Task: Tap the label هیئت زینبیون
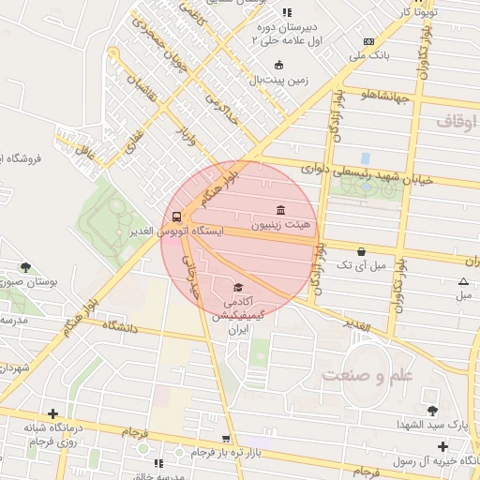[279, 226]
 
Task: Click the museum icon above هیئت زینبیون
[279, 209]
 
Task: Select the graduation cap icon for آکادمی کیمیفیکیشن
[238, 287]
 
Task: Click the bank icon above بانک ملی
[368, 41]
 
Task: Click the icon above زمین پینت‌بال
[278, 65]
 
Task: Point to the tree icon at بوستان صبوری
[25, 266]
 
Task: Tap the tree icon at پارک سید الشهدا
[431, 410]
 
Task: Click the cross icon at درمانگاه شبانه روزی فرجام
[52, 413]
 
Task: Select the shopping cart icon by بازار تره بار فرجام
[226, 438]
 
